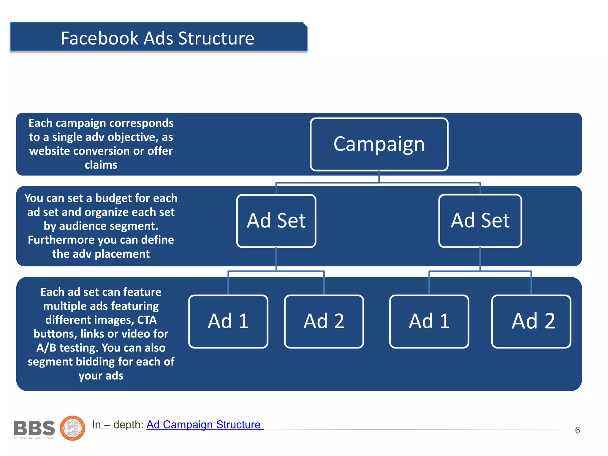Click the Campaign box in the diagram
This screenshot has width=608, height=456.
379,144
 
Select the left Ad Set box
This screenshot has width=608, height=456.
276,221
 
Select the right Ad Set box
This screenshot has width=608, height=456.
480,221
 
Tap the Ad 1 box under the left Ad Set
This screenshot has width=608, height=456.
228,321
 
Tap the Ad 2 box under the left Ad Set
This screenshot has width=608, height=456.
324,321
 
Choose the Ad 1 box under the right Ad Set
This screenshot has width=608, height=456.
429,321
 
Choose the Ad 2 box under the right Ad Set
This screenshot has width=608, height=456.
531,321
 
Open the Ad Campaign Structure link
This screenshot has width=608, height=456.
203,425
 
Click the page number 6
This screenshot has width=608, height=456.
577,430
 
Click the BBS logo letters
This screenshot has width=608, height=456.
34,428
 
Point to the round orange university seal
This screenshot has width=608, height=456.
73,428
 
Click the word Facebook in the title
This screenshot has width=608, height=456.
100,38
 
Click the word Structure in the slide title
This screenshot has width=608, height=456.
216,38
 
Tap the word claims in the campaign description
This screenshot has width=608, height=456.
101,165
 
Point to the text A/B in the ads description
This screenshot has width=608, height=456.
46,348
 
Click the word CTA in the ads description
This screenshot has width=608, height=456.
147,320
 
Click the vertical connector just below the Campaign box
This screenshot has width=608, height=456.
379,177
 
